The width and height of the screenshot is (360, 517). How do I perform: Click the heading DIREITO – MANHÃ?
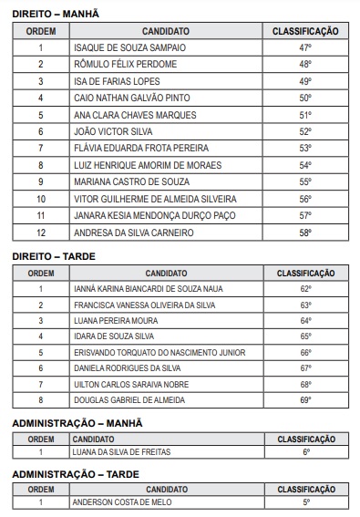(x=56, y=15)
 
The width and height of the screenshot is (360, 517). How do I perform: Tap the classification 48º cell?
(x=304, y=64)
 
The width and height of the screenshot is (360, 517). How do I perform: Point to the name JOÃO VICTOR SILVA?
(x=112, y=131)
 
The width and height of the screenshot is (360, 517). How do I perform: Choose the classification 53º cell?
(x=304, y=148)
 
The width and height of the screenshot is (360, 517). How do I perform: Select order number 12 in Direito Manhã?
(x=40, y=232)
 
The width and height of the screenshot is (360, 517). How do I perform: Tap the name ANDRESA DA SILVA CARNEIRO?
(x=133, y=232)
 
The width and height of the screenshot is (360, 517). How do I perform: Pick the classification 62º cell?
(x=305, y=289)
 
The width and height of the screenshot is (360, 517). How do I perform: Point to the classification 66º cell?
(x=305, y=352)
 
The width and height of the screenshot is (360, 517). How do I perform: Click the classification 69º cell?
(x=305, y=399)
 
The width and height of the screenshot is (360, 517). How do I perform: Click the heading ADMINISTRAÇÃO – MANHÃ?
(x=77, y=423)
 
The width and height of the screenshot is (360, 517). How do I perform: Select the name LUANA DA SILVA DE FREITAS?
(x=121, y=451)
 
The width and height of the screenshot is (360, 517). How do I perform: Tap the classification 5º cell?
(x=305, y=501)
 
